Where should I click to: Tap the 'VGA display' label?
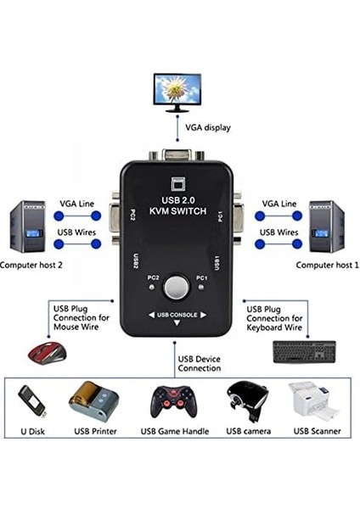tap(209, 128)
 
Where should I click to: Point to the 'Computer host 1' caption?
tap(327, 266)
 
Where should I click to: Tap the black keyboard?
tap(304, 351)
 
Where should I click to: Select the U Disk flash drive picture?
tap(31, 402)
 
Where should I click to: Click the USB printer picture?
tap(93, 400)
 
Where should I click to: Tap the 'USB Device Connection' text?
tap(199, 364)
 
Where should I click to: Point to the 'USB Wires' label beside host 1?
tap(279, 232)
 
